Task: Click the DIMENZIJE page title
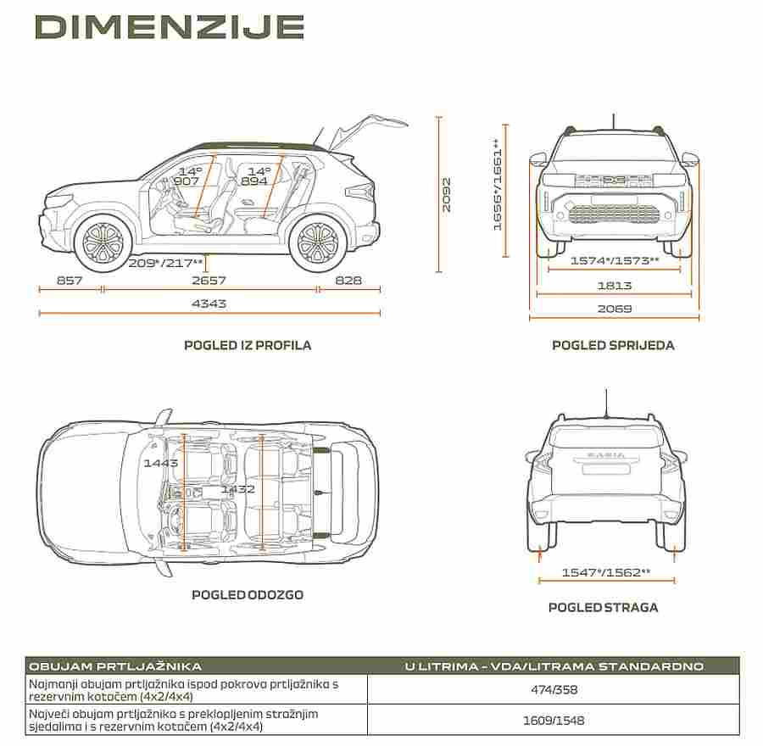(170, 27)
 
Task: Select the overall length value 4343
(209, 303)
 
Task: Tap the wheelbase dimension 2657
(209, 281)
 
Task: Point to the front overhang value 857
(70, 281)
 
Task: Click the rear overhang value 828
(348, 281)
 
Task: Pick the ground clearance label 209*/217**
(165, 264)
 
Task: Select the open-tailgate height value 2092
(446, 195)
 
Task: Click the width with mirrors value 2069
(615, 309)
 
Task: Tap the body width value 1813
(615, 285)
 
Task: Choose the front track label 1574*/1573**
(615, 260)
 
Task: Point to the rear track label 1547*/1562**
(606, 572)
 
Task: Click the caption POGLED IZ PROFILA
(248, 346)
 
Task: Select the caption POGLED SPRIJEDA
(613, 346)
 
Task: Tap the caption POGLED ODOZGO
(248, 594)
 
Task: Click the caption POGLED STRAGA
(603, 607)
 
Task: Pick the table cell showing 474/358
(554, 689)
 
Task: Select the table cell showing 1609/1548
(554, 721)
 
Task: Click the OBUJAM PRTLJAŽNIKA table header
(115, 666)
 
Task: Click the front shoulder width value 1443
(161, 463)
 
